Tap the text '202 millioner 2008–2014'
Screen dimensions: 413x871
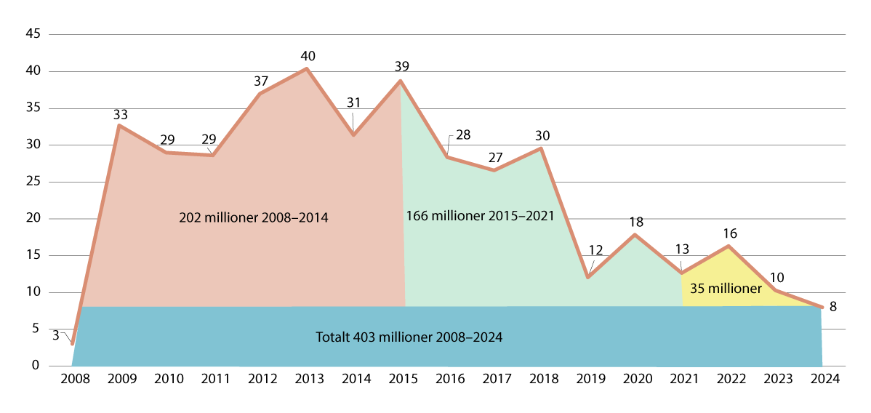coord(254,217)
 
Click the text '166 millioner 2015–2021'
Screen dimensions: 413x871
coord(480,216)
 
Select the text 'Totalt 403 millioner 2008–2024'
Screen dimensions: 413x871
coord(409,337)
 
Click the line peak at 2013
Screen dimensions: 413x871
coord(306,69)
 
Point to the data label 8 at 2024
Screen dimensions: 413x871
coord(832,307)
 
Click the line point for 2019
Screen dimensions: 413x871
coord(587,277)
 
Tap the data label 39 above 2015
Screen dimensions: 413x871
coord(401,66)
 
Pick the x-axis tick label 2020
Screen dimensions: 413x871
coord(635,380)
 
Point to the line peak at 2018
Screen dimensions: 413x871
coord(540,148)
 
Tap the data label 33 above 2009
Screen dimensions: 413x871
coord(121,114)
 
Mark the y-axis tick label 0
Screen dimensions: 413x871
coord(35,366)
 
